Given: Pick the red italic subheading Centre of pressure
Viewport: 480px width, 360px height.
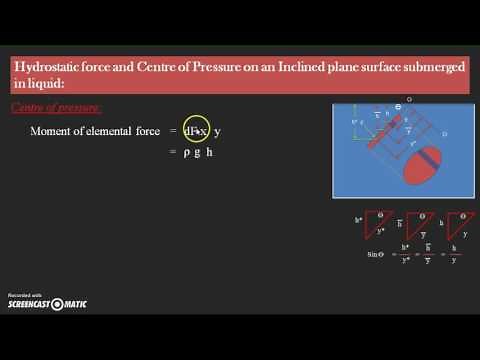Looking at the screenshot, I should coord(56,107).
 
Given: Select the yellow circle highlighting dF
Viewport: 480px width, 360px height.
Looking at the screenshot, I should coord(194,131).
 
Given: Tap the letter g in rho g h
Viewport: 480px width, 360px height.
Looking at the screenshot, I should coord(198,152).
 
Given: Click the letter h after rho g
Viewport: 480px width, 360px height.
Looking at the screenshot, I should coord(211,152).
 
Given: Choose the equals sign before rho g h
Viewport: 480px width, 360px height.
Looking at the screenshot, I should coord(171,152).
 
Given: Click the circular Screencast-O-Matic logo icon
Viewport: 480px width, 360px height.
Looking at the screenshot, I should coord(58,304).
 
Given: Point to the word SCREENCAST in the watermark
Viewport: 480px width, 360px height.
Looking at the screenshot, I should coord(29,304).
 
